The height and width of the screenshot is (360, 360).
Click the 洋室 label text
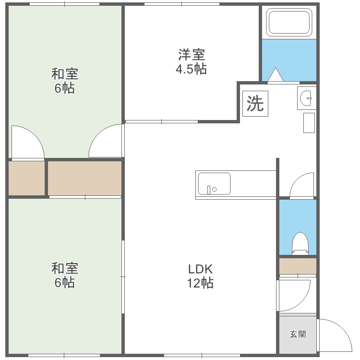191,54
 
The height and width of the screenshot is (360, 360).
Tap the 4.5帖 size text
191,69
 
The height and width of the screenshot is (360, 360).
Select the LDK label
200,268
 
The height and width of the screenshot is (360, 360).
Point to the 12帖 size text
200,283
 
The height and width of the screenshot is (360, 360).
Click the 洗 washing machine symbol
255,103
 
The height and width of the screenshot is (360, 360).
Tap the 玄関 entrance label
298,335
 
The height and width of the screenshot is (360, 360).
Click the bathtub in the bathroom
289,22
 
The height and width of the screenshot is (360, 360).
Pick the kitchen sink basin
214,183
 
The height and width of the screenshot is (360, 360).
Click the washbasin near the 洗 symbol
307,99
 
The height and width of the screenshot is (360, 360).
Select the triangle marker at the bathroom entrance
276,75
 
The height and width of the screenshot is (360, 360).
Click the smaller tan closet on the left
27,178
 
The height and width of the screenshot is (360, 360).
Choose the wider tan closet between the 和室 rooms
84,178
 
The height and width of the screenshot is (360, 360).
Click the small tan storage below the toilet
298,266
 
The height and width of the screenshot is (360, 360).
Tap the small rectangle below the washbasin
309,122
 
